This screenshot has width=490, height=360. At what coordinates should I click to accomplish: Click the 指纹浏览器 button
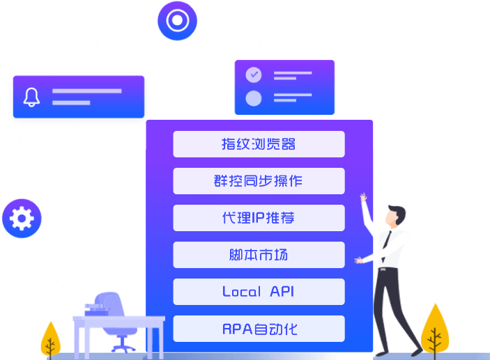tap(259, 144)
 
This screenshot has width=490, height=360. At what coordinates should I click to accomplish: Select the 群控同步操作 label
tap(259, 181)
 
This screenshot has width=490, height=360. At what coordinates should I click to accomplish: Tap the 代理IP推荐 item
tap(259, 218)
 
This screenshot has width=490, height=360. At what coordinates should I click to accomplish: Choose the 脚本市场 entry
tap(259, 255)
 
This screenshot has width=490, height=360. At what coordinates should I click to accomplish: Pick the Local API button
tap(259, 292)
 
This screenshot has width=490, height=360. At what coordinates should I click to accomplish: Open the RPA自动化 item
tap(259, 329)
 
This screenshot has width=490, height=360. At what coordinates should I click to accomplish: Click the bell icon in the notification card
tap(31, 97)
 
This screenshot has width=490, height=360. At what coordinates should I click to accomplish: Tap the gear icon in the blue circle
tap(22, 219)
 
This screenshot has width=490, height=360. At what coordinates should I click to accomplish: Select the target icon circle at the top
tap(177, 20)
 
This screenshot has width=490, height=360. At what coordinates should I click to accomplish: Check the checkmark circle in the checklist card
tap(254, 75)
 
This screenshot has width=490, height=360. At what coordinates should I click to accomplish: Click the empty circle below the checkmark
tap(254, 98)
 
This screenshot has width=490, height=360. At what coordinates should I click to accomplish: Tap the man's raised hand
tap(363, 198)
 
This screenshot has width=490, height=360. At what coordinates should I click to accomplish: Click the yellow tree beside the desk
tap(50, 338)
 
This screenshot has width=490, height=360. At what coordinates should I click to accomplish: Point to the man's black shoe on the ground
tap(412, 352)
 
